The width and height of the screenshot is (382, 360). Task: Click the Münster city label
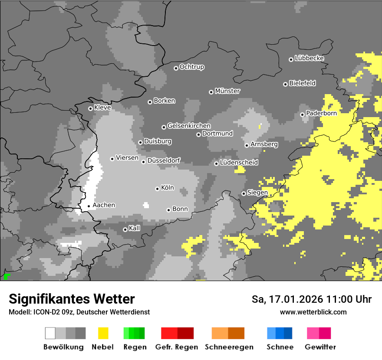227,91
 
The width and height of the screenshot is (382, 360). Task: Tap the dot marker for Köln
157,189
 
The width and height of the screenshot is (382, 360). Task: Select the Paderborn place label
321,113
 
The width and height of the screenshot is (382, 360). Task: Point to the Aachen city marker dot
89,206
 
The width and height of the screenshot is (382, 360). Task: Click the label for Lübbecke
309,58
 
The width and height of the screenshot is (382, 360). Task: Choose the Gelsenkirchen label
189,126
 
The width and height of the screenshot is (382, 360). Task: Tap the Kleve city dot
90,108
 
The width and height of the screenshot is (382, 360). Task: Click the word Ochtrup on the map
191,67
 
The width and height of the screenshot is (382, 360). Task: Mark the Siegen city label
257,192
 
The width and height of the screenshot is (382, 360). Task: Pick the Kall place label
135,228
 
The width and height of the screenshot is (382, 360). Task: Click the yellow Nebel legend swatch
103,333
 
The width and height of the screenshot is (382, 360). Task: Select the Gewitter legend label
320,347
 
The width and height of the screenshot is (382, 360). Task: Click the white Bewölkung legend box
50,333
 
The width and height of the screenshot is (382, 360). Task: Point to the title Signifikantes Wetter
72,299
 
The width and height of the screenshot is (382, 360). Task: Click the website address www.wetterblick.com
313,312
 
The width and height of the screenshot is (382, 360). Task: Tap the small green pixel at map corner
6,276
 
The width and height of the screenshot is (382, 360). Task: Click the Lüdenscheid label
239,162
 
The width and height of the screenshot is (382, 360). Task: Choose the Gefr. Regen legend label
176,347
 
